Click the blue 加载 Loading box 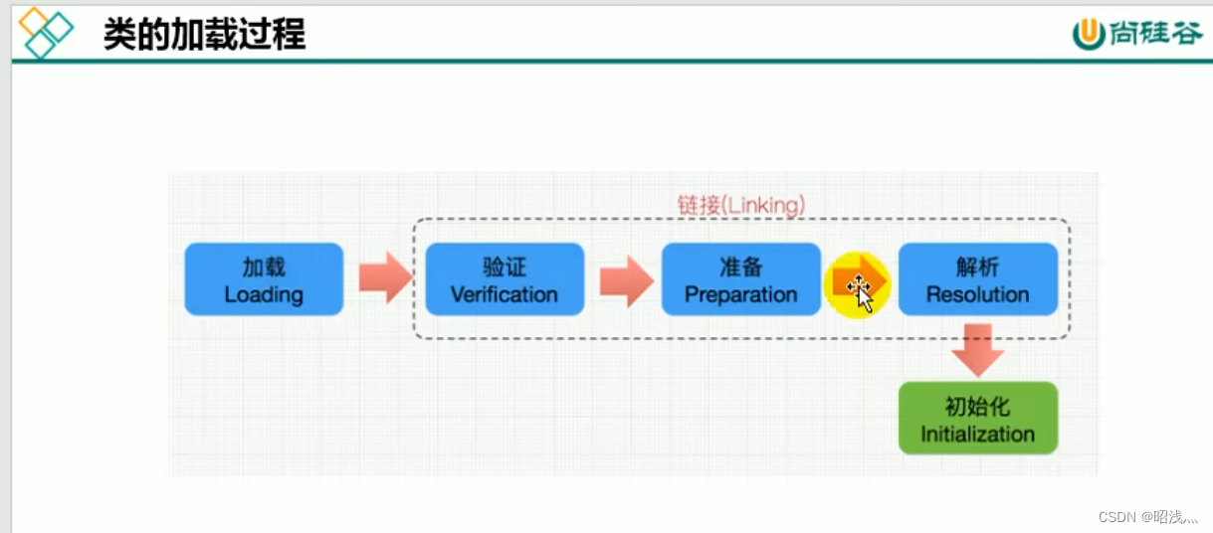tap(264, 279)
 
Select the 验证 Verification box tap(505, 279)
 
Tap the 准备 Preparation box tap(741, 279)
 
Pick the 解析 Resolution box tap(977, 279)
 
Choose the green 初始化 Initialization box tap(977, 419)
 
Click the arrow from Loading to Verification tap(384, 278)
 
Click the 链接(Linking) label tap(741, 205)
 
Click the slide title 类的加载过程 tap(204, 34)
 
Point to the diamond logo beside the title tap(47, 32)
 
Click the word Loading tap(264, 294)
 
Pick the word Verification tap(505, 294)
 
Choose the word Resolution tap(977, 294)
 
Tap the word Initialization tap(977, 434)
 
